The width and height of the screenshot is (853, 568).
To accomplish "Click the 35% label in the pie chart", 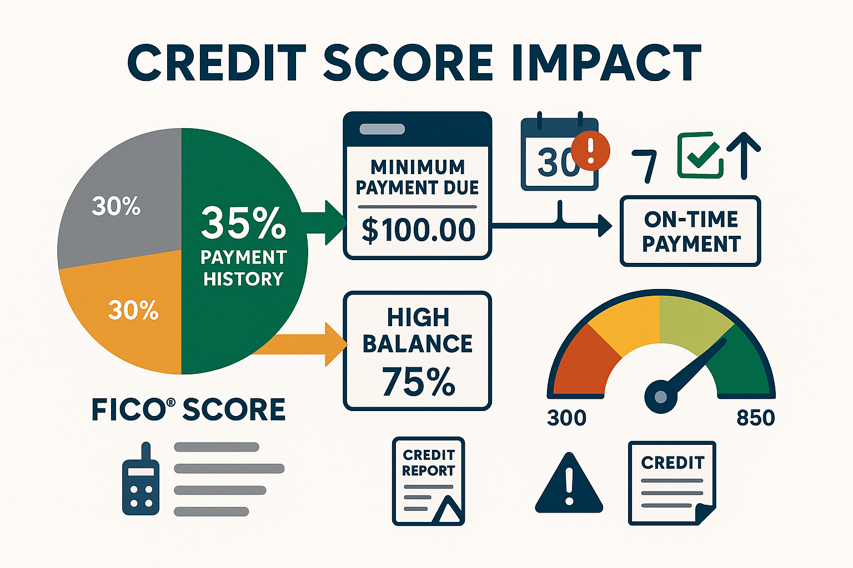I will pyautogui.click(x=243, y=223).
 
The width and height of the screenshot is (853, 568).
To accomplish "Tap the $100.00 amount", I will pyautogui.click(x=418, y=230).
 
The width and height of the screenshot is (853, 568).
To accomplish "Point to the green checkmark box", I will pyautogui.click(x=700, y=155).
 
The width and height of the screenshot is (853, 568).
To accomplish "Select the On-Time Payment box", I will pyautogui.click(x=690, y=231).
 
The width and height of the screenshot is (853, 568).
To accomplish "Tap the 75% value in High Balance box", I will pyautogui.click(x=418, y=382).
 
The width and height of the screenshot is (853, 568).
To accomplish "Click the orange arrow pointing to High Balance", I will pyautogui.click(x=311, y=344).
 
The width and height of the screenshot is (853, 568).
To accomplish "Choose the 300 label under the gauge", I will pyautogui.click(x=566, y=418).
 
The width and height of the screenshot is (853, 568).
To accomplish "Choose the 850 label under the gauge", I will pyautogui.click(x=755, y=418).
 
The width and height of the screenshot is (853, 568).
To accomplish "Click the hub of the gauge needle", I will pyautogui.click(x=660, y=397).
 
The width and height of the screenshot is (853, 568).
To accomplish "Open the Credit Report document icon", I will pyautogui.click(x=428, y=481).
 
